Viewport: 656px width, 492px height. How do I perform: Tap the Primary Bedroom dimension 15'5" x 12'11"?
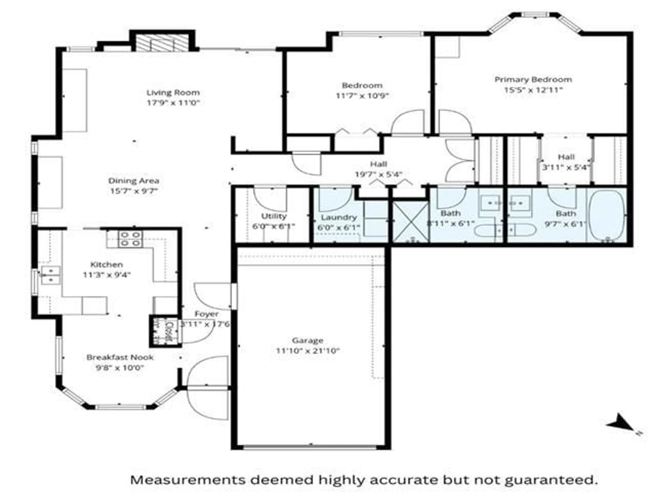tap(533, 90)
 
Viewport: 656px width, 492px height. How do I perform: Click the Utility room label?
tap(274, 216)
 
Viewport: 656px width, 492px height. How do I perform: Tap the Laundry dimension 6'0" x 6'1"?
tap(338, 228)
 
